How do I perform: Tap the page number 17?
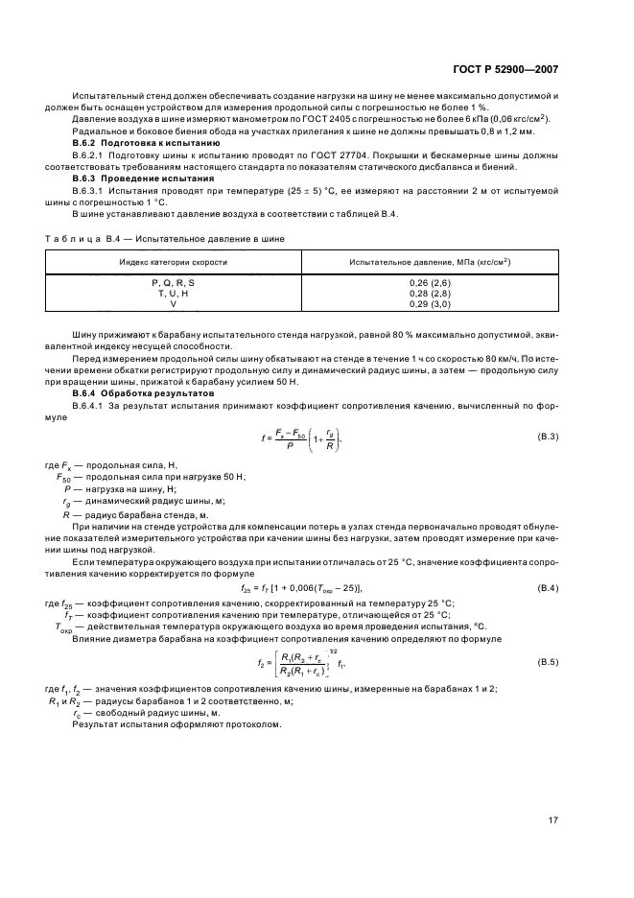(553, 820)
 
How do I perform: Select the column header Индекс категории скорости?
(173, 261)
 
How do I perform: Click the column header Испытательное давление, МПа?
(429, 261)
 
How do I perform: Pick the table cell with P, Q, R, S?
(173, 284)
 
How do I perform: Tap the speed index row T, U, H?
(173, 294)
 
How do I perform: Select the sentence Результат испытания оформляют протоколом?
(176, 723)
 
